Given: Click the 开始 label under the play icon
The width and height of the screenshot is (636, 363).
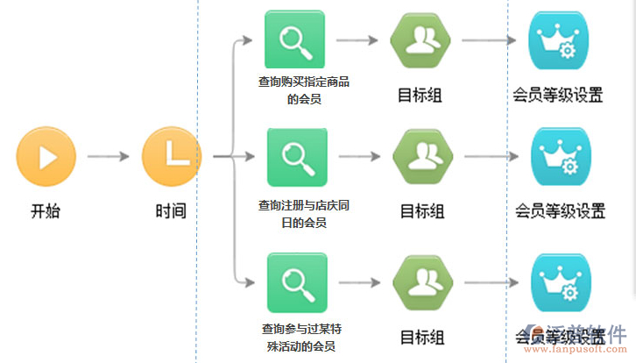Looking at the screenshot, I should tap(46, 211).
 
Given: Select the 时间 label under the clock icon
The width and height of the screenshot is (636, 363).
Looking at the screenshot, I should tap(171, 211).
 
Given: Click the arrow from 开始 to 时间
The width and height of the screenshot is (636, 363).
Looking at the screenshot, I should tap(108, 157).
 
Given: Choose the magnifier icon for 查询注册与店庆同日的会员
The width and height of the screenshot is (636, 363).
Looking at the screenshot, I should tap(297, 157).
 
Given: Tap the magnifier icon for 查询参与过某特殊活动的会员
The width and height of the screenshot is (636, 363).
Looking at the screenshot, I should tap(297, 282).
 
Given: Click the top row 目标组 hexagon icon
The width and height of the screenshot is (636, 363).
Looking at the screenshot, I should tap(420, 40).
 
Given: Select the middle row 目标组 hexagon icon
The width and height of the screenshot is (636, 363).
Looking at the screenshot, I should tap(422, 157).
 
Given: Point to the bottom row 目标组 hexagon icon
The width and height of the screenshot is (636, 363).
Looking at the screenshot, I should tap(422, 282).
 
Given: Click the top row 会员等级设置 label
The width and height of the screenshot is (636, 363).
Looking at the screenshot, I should tap(559, 96).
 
